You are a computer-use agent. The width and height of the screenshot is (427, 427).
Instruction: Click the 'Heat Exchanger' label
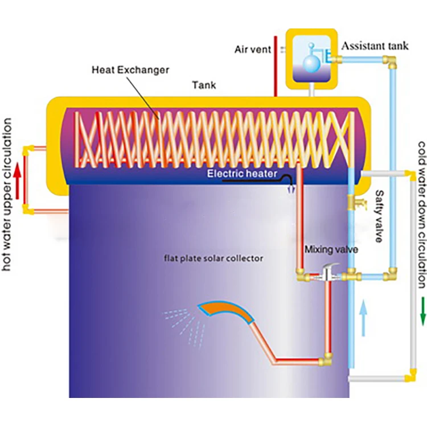[x=130, y=70]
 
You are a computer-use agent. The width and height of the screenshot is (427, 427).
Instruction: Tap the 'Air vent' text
[x=253, y=50]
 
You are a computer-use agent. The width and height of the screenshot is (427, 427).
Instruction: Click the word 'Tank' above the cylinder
[x=204, y=86]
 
